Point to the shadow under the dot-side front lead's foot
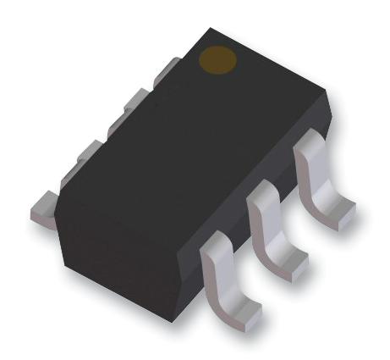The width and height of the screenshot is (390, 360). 351,229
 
